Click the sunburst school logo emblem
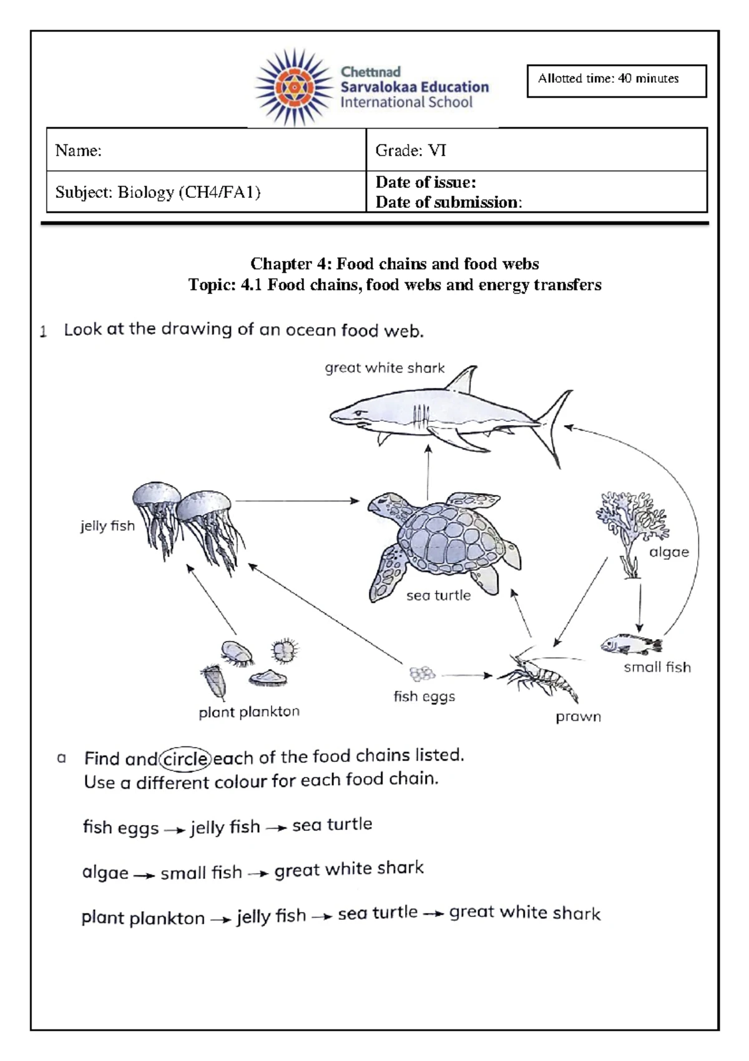(293, 87)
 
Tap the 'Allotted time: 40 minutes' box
(616, 81)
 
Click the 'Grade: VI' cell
(536, 150)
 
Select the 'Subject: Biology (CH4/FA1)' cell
(206, 192)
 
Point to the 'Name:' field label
(79, 150)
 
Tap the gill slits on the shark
(421, 414)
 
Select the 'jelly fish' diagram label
(107, 526)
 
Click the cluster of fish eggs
(422, 674)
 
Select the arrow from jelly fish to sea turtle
(296, 501)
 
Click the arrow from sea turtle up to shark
(428, 471)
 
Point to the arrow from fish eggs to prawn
(467, 675)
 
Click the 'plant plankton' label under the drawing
(249, 712)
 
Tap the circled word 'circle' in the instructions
(185, 759)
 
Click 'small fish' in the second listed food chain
(201, 873)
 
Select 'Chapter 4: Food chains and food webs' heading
(394, 263)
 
